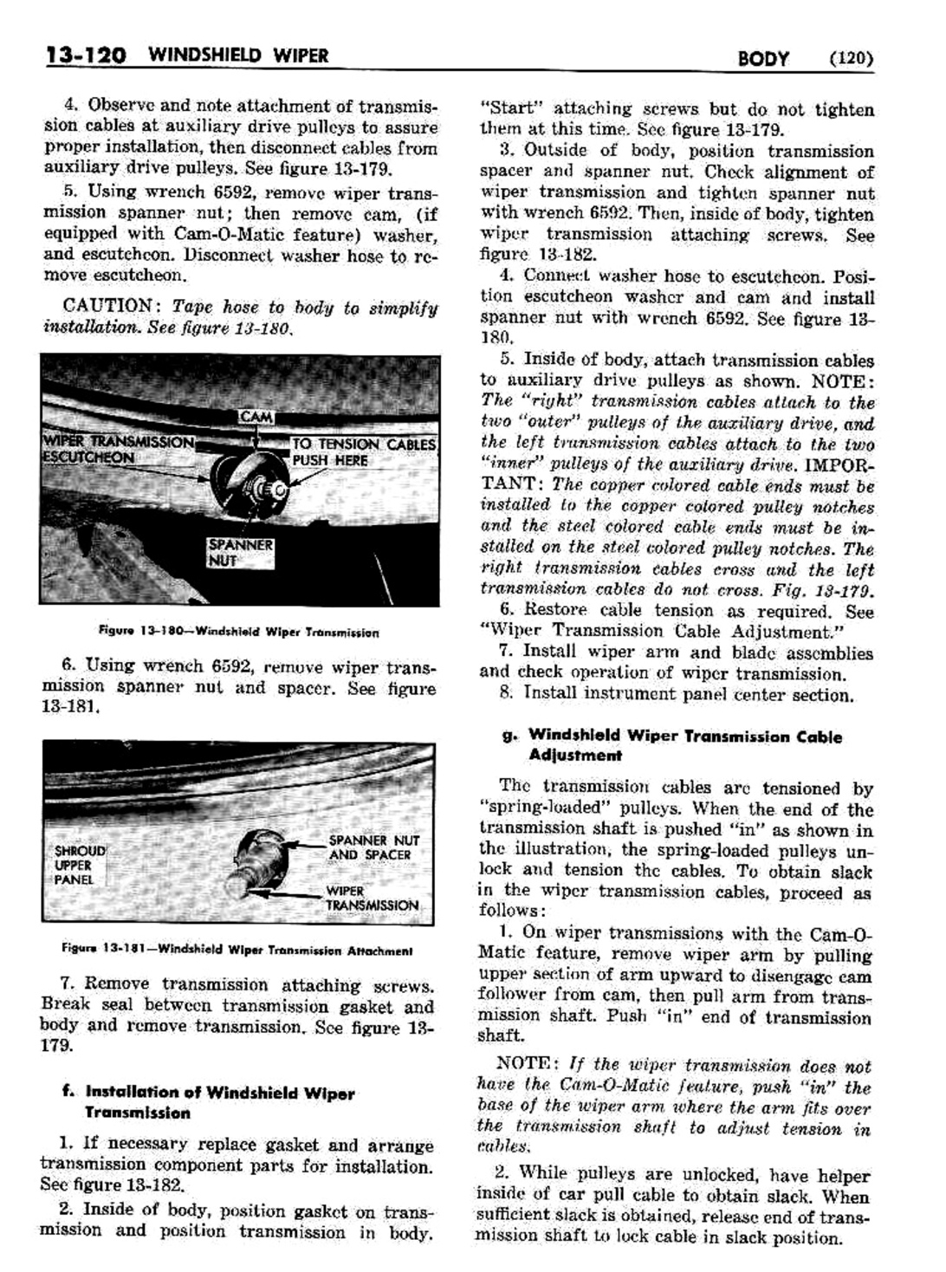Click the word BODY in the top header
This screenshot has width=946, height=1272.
(x=762, y=59)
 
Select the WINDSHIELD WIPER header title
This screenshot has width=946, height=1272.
(x=238, y=57)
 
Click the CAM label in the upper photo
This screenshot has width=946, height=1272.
(x=256, y=418)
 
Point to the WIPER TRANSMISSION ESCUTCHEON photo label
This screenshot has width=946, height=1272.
(x=118, y=449)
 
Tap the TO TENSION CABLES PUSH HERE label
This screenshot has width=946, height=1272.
(x=363, y=451)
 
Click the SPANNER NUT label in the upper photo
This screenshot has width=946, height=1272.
(x=228, y=552)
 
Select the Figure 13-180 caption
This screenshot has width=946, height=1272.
(x=238, y=633)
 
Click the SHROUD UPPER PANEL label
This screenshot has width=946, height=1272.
(x=79, y=865)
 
